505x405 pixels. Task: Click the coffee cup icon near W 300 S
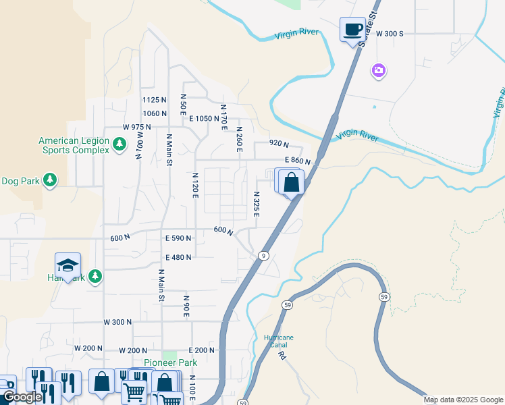(x=352, y=30)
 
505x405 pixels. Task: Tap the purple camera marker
(x=378, y=70)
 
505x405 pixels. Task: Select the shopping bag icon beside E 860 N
(x=292, y=182)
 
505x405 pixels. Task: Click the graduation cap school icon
(x=68, y=265)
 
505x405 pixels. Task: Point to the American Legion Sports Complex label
(x=74, y=145)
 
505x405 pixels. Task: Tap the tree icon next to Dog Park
(x=49, y=180)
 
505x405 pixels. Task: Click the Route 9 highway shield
(x=264, y=256)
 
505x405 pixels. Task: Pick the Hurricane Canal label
(x=278, y=341)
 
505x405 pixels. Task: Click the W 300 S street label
(x=390, y=33)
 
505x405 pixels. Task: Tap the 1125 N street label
(x=154, y=100)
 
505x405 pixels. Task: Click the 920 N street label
(x=279, y=144)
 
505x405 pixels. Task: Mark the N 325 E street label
(x=257, y=203)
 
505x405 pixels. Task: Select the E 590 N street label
(x=178, y=238)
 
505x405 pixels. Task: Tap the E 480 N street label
(x=178, y=257)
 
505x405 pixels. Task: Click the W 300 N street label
(x=117, y=323)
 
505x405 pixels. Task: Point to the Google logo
(x=22, y=398)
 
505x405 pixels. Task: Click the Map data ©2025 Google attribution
(x=463, y=400)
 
